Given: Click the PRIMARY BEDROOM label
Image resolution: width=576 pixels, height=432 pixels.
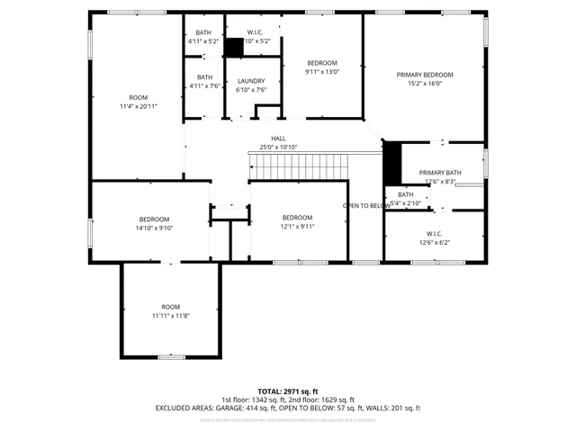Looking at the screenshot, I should coord(425,75).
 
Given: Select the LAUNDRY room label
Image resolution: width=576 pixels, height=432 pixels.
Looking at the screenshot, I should coord(251,81).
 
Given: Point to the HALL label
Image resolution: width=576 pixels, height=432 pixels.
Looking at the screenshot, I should coord(278,138).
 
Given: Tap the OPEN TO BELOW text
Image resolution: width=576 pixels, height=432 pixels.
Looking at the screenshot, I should coord(366,205).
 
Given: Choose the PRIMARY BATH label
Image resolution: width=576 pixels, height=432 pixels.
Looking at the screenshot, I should coord(440,172).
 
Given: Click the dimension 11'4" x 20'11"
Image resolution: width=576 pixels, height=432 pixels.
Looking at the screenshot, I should coord(138,106).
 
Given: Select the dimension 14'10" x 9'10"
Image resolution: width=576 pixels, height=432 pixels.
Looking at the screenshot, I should coord(154,228).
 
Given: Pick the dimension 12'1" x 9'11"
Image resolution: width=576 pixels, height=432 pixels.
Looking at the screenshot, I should coord(297,227).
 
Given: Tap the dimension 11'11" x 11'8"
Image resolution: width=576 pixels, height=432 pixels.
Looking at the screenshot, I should coord(170,315).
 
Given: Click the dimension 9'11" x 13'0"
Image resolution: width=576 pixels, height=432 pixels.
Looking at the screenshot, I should coord(322,72).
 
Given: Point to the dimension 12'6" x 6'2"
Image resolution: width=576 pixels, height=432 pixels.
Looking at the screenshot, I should coord(434,241).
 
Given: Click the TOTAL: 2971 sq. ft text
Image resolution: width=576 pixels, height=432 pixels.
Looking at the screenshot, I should coord(288,391).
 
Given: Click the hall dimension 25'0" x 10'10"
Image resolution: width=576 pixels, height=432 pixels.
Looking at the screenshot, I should coord(278,147).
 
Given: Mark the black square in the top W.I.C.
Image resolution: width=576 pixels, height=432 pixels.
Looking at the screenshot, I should coord(235,47).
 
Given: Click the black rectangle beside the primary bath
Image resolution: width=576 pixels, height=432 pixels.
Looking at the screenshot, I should coord(391,162).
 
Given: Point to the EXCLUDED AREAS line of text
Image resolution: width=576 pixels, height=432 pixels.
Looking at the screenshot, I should coord(288,408).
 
